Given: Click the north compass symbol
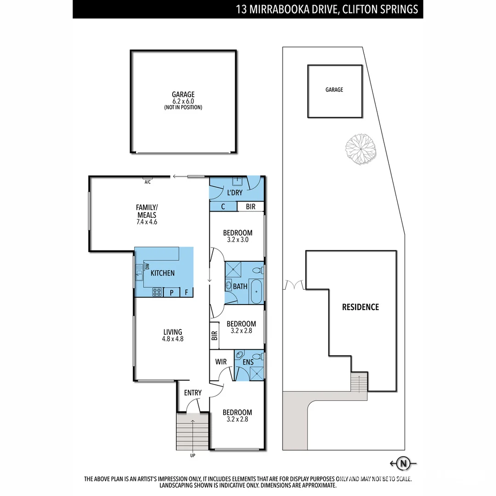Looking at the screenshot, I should pyautogui.click(x=403, y=464).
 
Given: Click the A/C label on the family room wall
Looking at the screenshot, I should pyautogui.click(x=147, y=182).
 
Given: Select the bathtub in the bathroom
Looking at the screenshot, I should pyautogui.click(x=256, y=291).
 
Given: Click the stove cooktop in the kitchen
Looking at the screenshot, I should pyautogui.click(x=157, y=292).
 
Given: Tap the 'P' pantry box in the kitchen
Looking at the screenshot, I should pyautogui.click(x=171, y=293).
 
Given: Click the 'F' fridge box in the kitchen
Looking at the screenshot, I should pyautogui.click(x=186, y=293).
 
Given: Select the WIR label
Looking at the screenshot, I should pyautogui.click(x=221, y=361).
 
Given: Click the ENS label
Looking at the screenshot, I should pyautogui.click(x=248, y=362).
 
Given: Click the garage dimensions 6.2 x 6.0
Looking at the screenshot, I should pyautogui.click(x=183, y=101).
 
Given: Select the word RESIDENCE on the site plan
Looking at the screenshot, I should pyautogui.click(x=361, y=307).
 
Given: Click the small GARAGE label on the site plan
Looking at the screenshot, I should pyautogui.click(x=334, y=90).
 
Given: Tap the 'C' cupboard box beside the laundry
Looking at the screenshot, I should pyautogui.click(x=223, y=207).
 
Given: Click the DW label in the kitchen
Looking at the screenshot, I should pyautogui.click(x=147, y=266).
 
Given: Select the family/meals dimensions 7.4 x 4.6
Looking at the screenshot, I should pyautogui.click(x=147, y=222).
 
